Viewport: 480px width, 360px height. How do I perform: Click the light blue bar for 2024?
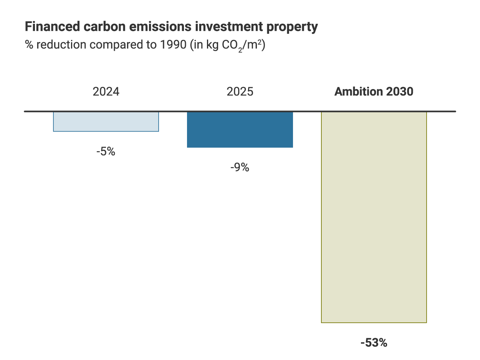pos(106,122)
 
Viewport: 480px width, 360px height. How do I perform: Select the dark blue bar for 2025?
pos(240,130)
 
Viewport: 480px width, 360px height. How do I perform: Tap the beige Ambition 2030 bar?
pos(374,217)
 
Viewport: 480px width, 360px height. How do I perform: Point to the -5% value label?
pos(106,152)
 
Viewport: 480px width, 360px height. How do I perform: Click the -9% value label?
pos(240,168)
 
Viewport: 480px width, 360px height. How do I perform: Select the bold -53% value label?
pos(374,343)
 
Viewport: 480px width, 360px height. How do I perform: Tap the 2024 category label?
pos(106,92)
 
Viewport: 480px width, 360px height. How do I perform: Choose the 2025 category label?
pos(240,92)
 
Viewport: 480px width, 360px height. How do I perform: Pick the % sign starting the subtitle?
pos(29,45)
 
